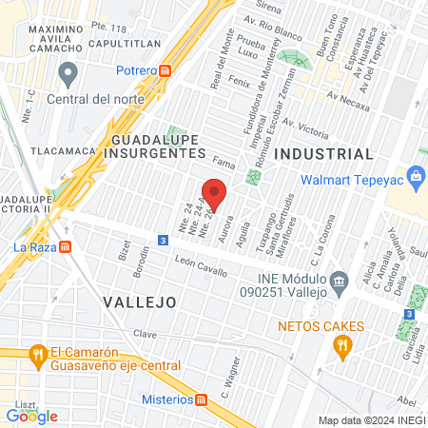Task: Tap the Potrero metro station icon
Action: pyautogui.click(x=165, y=69)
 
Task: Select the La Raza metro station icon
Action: pyautogui.click(x=66, y=246)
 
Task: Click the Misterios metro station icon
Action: pyautogui.click(x=201, y=399)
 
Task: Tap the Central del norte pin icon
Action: pyautogui.click(x=67, y=72)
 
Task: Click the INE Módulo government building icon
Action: pyautogui.click(x=338, y=282)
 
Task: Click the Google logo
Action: pyautogui.click(x=32, y=416)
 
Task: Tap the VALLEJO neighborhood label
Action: pyautogui.click(x=138, y=302)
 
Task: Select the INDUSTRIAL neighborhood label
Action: pyautogui.click(x=322, y=153)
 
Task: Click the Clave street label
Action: pyautogui.click(x=145, y=334)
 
